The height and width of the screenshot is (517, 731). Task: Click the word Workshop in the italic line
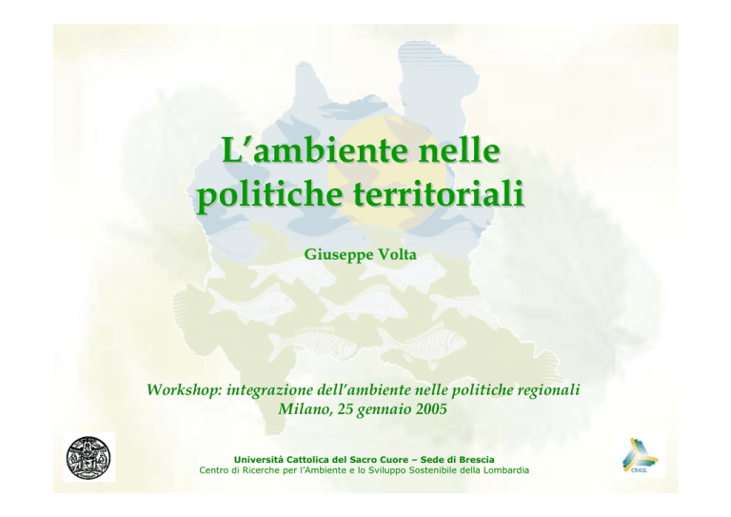point(185,390)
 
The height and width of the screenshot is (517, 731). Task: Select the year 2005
point(431,408)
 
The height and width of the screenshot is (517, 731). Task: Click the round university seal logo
point(89,458)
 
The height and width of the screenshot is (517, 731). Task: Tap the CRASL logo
point(640,457)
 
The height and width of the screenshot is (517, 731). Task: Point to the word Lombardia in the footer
point(506,470)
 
